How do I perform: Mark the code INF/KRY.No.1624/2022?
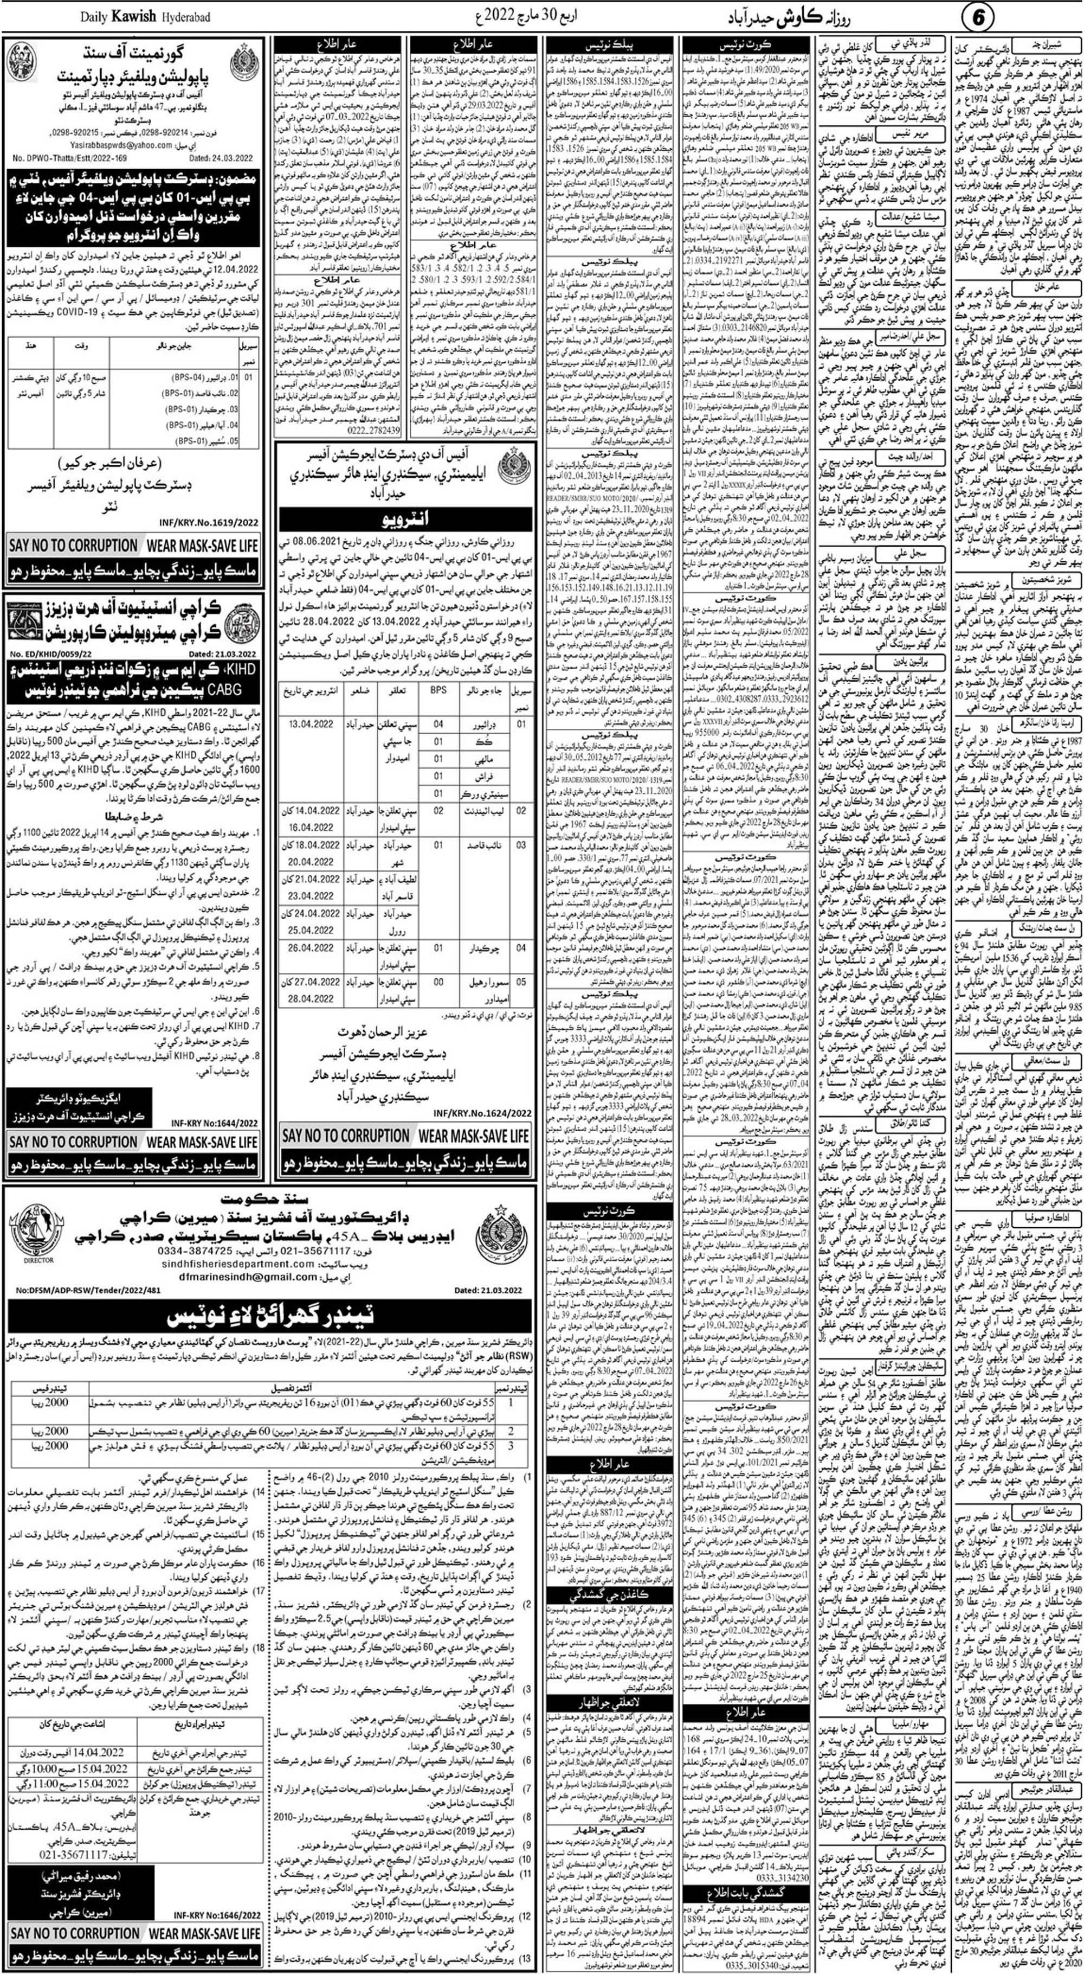(x=482, y=1112)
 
